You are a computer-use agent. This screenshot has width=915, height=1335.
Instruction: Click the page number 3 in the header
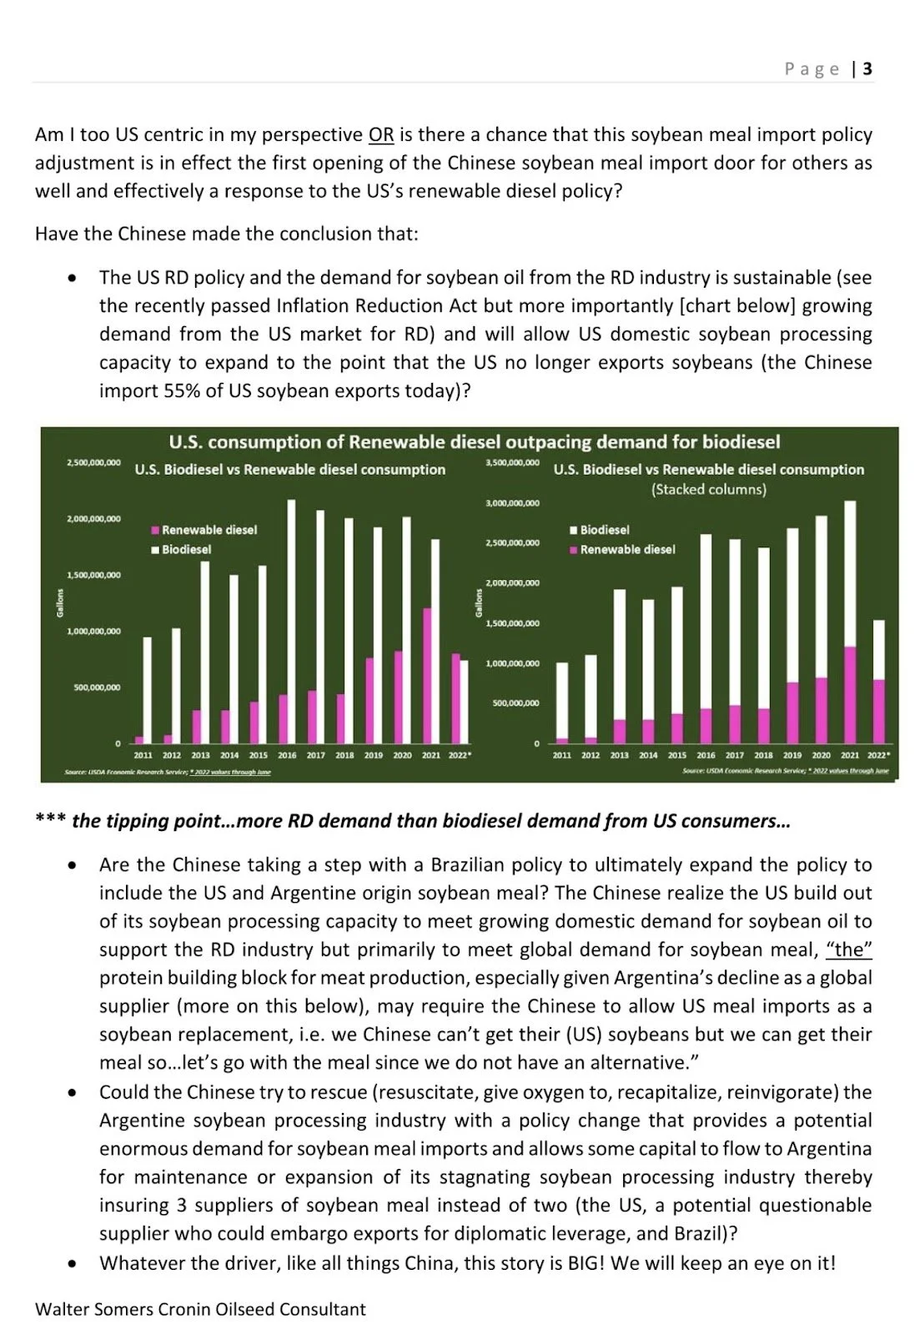point(867,68)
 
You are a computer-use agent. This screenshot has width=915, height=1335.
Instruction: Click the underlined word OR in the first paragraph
point(381,135)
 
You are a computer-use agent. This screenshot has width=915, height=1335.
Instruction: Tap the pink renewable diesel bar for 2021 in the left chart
point(427,675)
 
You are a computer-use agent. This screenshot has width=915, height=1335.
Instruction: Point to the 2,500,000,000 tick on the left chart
point(93,462)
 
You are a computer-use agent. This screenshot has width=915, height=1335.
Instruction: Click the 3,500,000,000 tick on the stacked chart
point(512,462)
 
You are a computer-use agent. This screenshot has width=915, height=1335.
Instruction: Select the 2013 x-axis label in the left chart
point(200,755)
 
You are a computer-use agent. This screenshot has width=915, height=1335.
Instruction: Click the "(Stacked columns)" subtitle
point(708,489)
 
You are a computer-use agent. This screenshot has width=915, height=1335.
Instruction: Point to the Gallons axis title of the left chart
point(60,602)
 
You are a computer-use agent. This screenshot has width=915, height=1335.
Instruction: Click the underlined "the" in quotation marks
point(849,950)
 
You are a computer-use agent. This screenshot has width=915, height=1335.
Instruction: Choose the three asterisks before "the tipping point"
point(50,819)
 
